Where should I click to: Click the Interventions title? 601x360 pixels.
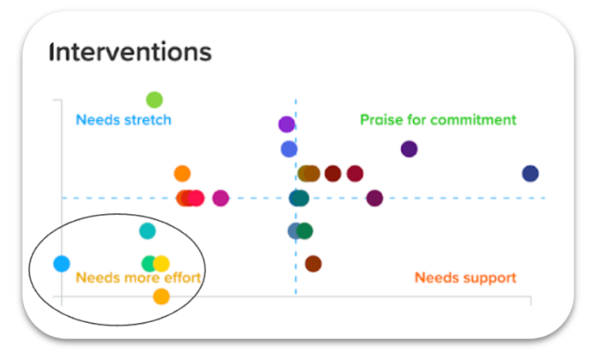click(x=131, y=52)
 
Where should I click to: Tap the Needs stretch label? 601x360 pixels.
click(x=124, y=120)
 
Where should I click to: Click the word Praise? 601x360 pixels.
click(x=380, y=120)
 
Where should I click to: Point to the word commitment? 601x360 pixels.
click(x=475, y=120)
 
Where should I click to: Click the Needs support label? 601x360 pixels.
click(x=465, y=278)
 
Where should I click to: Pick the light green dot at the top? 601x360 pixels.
click(x=155, y=100)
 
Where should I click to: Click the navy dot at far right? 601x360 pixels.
click(x=531, y=174)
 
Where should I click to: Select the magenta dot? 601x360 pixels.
click(x=221, y=198)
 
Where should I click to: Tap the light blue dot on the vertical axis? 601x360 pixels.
click(x=61, y=264)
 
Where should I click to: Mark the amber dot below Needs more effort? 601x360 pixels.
click(x=161, y=297)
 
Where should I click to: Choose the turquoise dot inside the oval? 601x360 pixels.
click(x=148, y=230)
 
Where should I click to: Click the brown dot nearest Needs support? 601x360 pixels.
click(x=313, y=264)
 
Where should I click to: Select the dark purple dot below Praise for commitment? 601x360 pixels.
click(x=410, y=149)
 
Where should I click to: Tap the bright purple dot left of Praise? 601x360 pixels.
click(x=287, y=125)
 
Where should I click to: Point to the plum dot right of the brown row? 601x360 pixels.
click(x=374, y=198)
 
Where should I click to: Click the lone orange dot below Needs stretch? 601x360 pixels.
click(x=182, y=174)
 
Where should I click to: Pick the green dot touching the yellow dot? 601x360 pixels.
click(x=149, y=264)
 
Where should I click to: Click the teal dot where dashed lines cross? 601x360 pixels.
click(x=299, y=198)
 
